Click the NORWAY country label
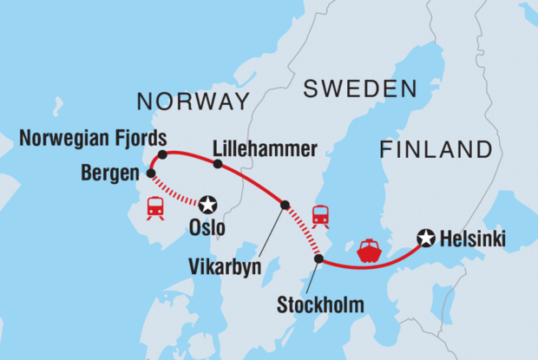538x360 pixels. point(193,101)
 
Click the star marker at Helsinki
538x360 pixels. point(425,236)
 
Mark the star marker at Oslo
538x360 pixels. point(207,206)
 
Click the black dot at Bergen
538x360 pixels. point(151,173)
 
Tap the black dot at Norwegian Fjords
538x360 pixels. point(161,154)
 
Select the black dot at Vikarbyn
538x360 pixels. point(284,205)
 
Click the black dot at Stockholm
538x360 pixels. point(318,259)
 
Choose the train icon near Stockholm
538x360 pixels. point(320,214)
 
